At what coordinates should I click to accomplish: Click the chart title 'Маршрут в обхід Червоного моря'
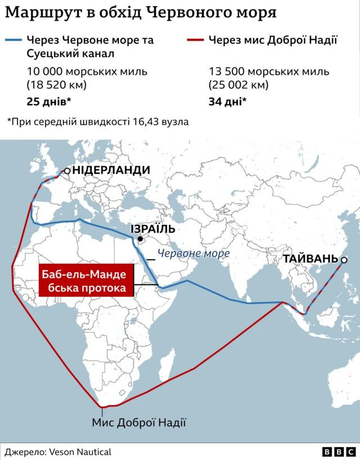click(x=141, y=13)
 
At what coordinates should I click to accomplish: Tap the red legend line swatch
click(x=195, y=40)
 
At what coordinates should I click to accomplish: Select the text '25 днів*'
click(x=48, y=102)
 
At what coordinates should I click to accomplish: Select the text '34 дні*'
click(x=227, y=102)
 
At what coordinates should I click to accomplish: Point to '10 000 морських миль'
click(x=87, y=72)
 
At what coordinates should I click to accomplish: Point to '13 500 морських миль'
click(x=269, y=72)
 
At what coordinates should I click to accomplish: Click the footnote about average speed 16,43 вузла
click(x=97, y=121)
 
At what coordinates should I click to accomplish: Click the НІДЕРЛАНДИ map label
click(x=111, y=170)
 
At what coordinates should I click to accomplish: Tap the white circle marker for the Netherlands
click(x=67, y=170)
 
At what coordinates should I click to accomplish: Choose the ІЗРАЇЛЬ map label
click(x=153, y=229)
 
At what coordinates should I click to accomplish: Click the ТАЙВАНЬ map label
click(x=310, y=259)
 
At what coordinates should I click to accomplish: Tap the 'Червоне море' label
click(x=193, y=254)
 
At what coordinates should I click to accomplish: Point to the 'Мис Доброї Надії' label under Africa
click(x=138, y=422)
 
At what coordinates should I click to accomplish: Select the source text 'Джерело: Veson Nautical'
click(x=58, y=452)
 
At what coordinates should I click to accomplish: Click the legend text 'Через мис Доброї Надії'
click(x=273, y=40)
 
